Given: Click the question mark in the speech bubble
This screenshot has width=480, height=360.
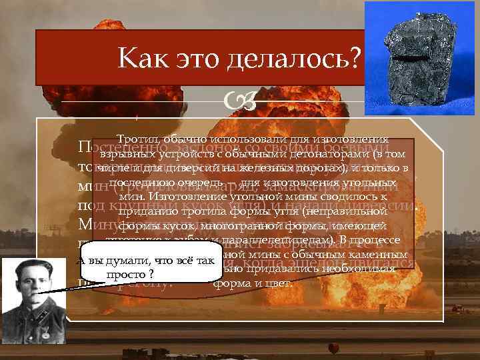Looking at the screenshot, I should click(x=153, y=274).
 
